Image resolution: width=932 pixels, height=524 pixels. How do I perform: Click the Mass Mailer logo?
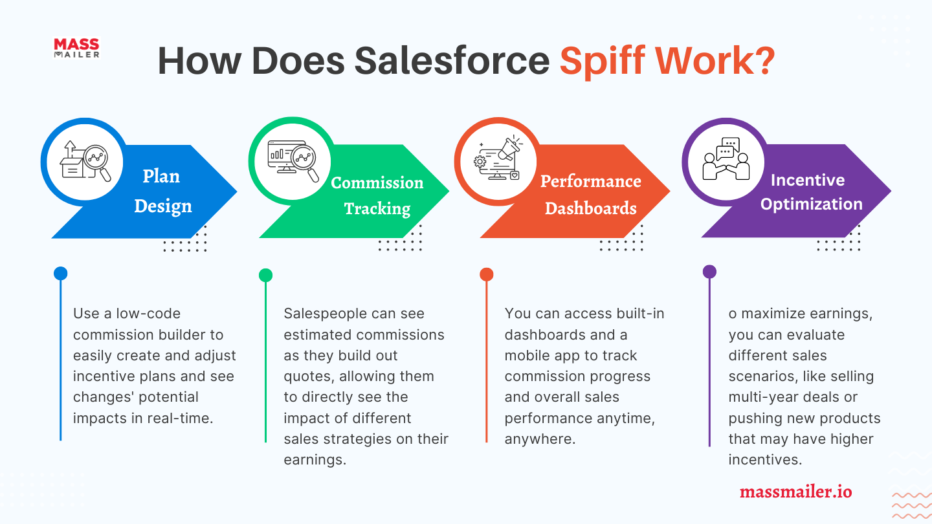pos(77,48)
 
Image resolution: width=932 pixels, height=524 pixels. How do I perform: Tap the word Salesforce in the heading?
pos(452,61)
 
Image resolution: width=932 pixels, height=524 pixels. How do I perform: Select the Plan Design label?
pos(162,191)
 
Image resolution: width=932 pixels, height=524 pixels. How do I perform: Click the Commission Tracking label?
pos(377,195)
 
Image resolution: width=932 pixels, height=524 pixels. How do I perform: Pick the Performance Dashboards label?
pos(591,195)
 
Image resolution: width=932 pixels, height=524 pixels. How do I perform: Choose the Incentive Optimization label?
pos(811,191)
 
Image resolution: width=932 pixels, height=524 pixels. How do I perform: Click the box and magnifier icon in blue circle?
pos(86,161)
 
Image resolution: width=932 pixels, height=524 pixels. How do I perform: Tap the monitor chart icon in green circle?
pos(293,161)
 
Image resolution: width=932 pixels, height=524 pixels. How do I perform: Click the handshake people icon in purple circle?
pos(726,158)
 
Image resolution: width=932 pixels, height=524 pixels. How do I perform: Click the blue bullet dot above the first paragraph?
pos(60,273)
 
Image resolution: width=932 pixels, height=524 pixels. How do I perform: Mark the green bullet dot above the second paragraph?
pos(265,275)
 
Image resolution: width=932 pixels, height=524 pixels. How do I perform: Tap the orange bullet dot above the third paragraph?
pos(487,274)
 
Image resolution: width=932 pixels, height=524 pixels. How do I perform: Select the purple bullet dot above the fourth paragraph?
pos(709,272)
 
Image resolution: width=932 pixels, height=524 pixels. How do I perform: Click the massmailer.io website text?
pos(795,492)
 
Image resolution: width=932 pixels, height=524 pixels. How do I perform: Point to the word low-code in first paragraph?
pos(148,313)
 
